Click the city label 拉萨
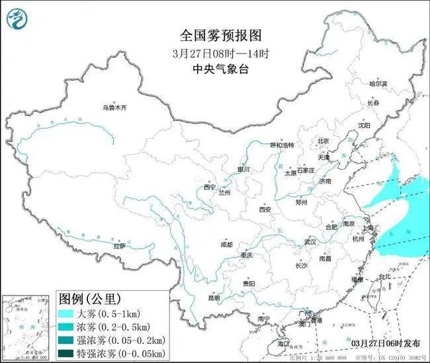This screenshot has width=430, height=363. [119, 245]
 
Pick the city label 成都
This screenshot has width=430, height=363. [227, 245]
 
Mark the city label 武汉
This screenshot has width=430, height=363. [310, 242]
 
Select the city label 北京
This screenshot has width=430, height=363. [323, 141]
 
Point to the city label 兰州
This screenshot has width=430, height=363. [226, 194]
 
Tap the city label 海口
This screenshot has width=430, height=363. [284, 344]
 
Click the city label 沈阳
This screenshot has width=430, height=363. [365, 125]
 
